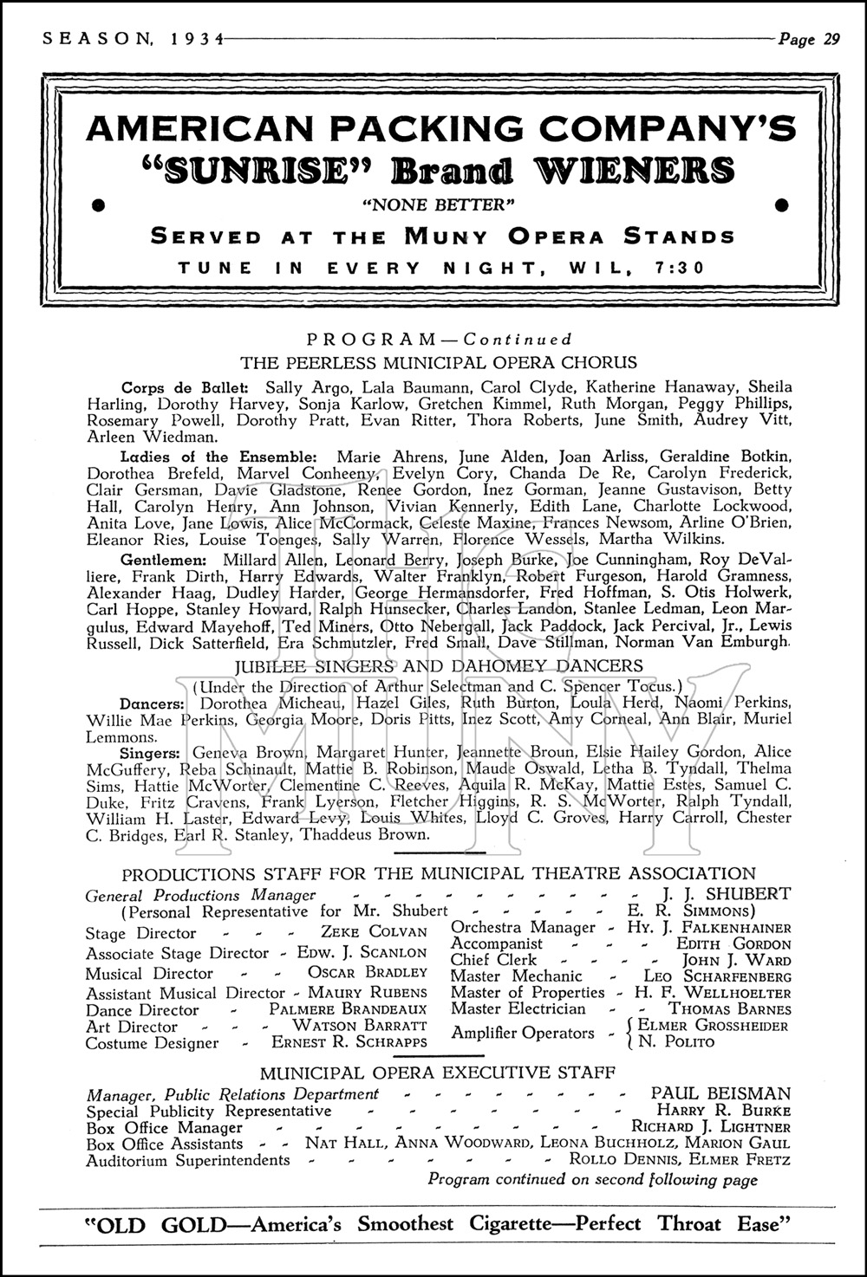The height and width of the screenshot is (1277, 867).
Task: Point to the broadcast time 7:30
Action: point(681,268)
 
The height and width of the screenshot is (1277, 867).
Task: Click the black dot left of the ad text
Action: point(98,204)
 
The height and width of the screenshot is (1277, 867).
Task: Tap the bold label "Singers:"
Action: point(151,752)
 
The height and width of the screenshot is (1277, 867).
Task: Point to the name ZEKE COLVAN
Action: point(374,932)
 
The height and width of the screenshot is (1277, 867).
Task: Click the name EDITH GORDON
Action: point(733,944)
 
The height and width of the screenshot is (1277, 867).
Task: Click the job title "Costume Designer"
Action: point(152,1043)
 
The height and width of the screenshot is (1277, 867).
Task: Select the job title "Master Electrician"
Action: point(518,1009)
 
